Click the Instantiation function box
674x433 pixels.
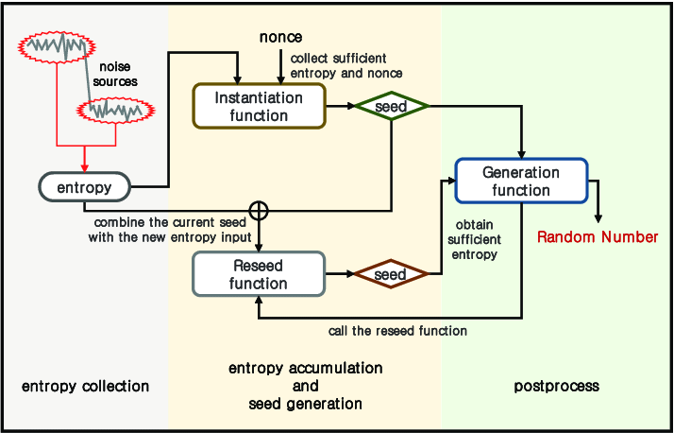pyautogui.click(x=259, y=106)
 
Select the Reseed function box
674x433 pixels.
pyautogui.click(x=259, y=274)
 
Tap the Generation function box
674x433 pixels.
pyautogui.click(x=521, y=181)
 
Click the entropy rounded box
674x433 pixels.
pyautogui.click(x=84, y=187)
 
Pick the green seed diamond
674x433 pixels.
pyautogui.click(x=390, y=107)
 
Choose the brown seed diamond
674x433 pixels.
pyautogui.click(x=390, y=275)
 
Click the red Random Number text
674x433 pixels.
pyautogui.click(x=598, y=236)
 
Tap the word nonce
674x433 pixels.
pyautogui.click(x=280, y=37)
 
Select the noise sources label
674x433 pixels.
pyautogui.click(x=118, y=75)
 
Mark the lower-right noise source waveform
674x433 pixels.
pyautogui.click(x=114, y=111)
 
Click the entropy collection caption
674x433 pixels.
pyautogui.click(x=85, y=387)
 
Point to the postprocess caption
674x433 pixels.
pyautogui.click(x=557, y=387)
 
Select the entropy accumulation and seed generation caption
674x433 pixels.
pyautogui.click(x=305, y=386)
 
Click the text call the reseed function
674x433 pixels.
pyautogui.click(x=397, y=331)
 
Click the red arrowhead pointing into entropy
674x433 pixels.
pyautogui.click(x=84, y=167)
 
